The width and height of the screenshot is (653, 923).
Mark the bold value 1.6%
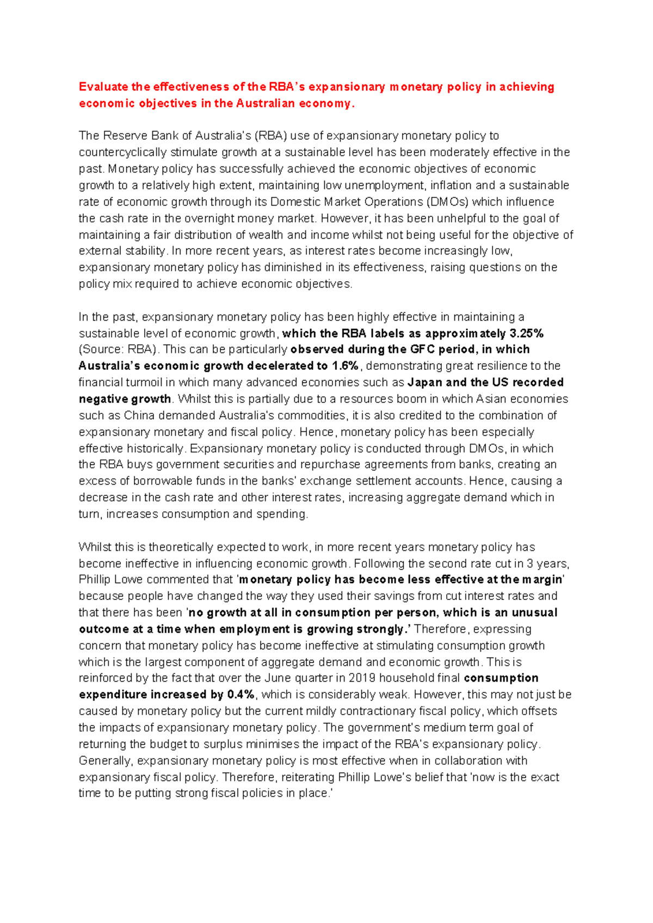pyautogui.click(x=345, y=366)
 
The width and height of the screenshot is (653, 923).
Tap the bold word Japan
pyautogui.click(x=424, y=382)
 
